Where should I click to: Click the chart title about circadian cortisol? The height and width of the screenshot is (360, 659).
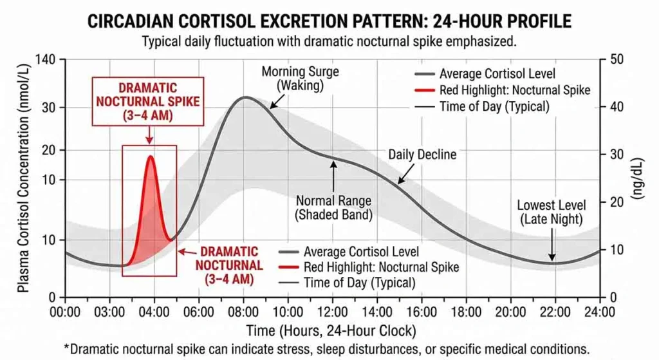329,21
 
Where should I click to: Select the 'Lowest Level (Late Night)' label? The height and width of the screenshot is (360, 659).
552,212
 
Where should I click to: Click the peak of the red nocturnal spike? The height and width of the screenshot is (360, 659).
151,156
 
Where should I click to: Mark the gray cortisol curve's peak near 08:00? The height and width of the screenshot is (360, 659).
245,97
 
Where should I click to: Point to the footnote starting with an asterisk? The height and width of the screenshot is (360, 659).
329,349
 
